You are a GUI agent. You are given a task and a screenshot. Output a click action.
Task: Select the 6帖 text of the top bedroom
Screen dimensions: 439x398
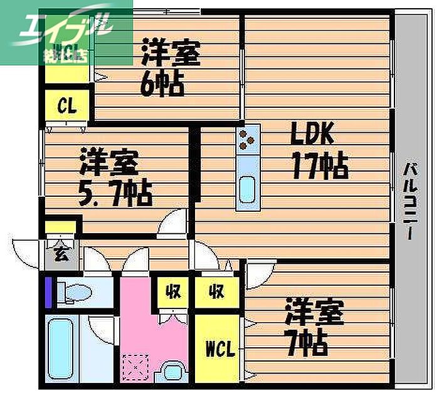[x=162, y=84]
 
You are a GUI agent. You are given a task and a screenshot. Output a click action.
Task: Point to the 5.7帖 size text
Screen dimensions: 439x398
[x=115, y=194]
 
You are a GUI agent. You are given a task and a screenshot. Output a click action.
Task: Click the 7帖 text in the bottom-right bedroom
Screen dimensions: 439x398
[x=308, y=342]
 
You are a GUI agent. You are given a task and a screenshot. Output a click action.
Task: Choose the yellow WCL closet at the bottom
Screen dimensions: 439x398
[x=219, y=348]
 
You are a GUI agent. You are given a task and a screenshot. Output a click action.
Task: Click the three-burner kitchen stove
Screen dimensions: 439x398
[x=248, y=139]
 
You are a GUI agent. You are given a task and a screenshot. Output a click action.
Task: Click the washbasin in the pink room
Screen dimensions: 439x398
[x=171, y=372]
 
